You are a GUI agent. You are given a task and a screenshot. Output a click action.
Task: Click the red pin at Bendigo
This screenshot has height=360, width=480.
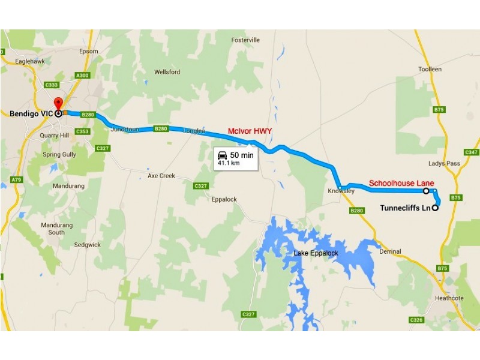pos(58,103)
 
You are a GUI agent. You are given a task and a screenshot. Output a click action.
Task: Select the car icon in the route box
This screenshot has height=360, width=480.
pos(223,155)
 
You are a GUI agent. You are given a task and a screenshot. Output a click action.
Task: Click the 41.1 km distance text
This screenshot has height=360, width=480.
pos(229,163)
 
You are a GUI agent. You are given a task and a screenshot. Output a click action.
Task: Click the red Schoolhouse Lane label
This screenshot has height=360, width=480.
pos(401,183)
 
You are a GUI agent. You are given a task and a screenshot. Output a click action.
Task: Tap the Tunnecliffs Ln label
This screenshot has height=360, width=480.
pos(406,208)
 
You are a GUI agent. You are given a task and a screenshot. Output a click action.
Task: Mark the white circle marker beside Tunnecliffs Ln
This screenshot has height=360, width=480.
pos(435,209)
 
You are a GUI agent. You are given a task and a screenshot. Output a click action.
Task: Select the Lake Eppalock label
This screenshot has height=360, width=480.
pos(316,253)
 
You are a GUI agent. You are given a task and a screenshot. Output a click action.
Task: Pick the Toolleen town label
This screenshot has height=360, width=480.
pos(430,70)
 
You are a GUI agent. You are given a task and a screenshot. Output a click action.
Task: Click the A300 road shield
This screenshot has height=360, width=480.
pos(82,75)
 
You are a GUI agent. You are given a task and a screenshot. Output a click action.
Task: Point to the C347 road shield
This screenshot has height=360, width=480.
pos(472,152)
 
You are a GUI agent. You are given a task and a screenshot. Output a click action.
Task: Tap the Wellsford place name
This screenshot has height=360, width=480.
pos(167,72)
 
